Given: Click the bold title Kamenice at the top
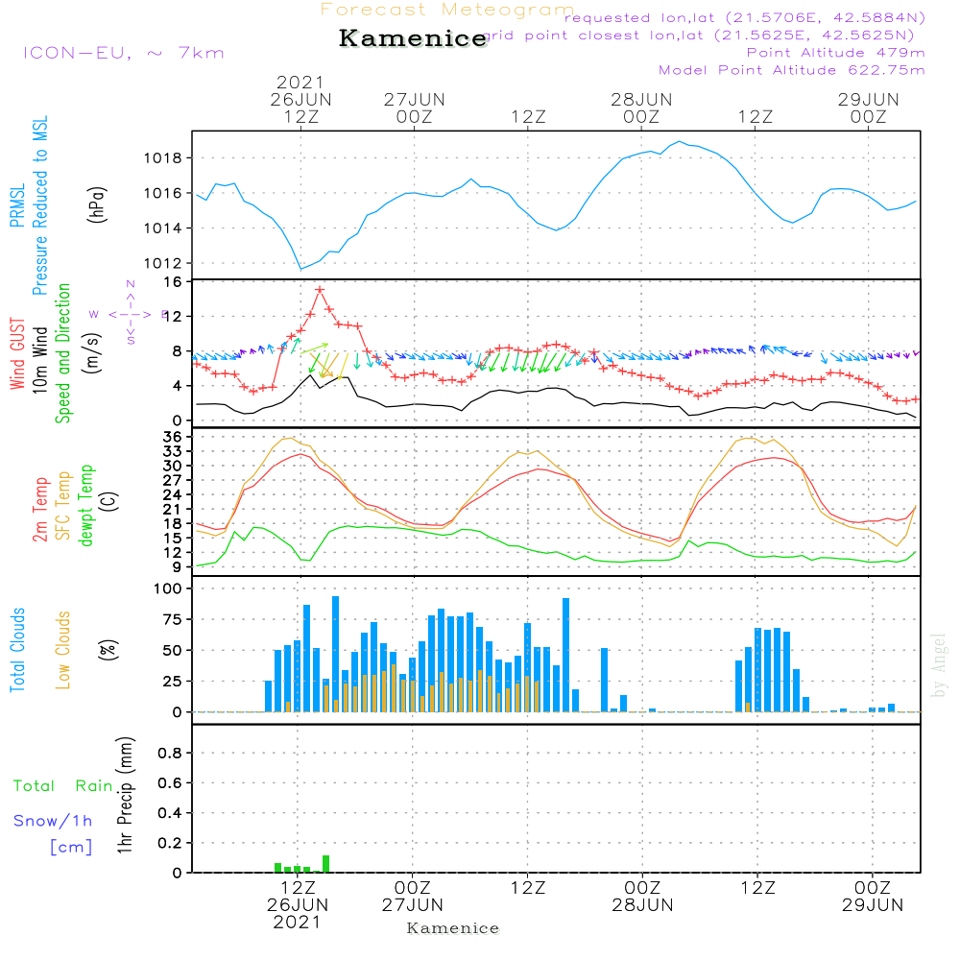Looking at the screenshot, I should (413, 38).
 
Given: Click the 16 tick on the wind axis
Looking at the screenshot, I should (173, 282).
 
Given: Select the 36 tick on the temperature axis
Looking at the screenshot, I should (173, 437).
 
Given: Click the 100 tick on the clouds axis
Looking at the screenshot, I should (169, 589).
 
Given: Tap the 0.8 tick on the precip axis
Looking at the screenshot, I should (170, 753).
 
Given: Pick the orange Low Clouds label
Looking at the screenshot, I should (63, 650).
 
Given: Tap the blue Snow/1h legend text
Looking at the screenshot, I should (54, 822).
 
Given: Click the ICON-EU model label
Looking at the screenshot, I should (123, 53).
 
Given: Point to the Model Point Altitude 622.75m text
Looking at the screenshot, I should (791, 70).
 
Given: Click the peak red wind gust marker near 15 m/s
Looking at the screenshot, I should (320, 289).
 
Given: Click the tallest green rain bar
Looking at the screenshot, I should (326, 863).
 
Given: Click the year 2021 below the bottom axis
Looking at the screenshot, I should (298, 922).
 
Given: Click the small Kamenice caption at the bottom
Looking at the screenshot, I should (453, 928).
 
